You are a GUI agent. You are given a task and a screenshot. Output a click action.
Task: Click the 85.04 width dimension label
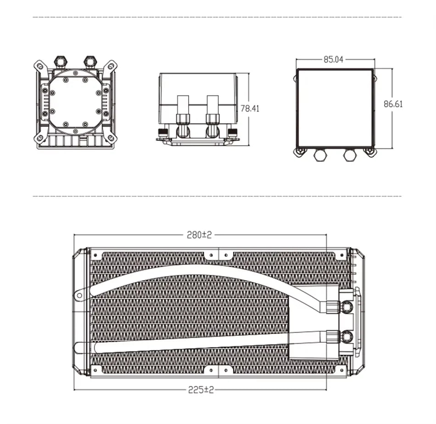click(333, 59)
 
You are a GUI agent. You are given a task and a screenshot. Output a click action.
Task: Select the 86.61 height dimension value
click(393, 104)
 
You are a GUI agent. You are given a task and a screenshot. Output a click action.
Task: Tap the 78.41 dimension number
click(250, 108)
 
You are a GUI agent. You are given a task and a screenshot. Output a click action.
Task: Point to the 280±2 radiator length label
click(199, 235)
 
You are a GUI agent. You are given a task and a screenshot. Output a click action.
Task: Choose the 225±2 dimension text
click(201, 390)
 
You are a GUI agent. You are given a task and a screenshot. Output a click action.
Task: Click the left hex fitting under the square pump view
click(321, 155)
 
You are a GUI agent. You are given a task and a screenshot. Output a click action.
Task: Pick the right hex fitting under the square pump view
click(350, 155)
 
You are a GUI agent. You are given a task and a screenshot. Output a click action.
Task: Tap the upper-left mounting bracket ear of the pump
click(40, 67)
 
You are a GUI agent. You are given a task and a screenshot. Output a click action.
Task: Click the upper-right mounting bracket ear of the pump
click(111, 67)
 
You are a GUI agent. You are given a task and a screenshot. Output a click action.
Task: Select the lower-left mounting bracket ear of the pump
click(40, 138)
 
